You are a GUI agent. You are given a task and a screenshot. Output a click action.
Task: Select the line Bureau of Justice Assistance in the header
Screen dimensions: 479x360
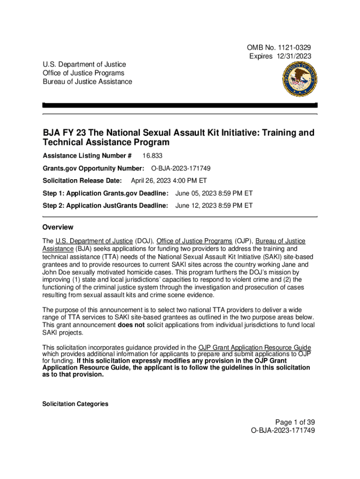tap(87, 81)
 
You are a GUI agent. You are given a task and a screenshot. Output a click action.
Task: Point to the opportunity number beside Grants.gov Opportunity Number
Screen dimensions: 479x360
tap(183, 168)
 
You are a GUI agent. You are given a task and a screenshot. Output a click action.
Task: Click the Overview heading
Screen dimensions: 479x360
tap(58, 227)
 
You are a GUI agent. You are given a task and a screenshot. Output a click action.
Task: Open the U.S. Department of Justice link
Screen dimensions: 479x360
tap(94, 241)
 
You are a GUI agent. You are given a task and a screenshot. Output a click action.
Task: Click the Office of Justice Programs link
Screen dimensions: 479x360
tap(194, 241)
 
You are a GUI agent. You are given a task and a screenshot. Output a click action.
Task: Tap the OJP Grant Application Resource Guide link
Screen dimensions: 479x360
tap(255, 347)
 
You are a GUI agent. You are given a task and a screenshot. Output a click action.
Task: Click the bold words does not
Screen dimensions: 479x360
tap(131, 325)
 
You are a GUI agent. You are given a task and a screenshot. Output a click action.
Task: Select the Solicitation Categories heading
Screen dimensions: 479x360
tap(75, 404)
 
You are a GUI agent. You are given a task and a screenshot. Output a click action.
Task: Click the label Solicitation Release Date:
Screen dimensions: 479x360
tap(82, 181)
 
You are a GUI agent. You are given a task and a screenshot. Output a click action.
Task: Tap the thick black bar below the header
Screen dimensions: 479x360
tap(180, 105)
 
